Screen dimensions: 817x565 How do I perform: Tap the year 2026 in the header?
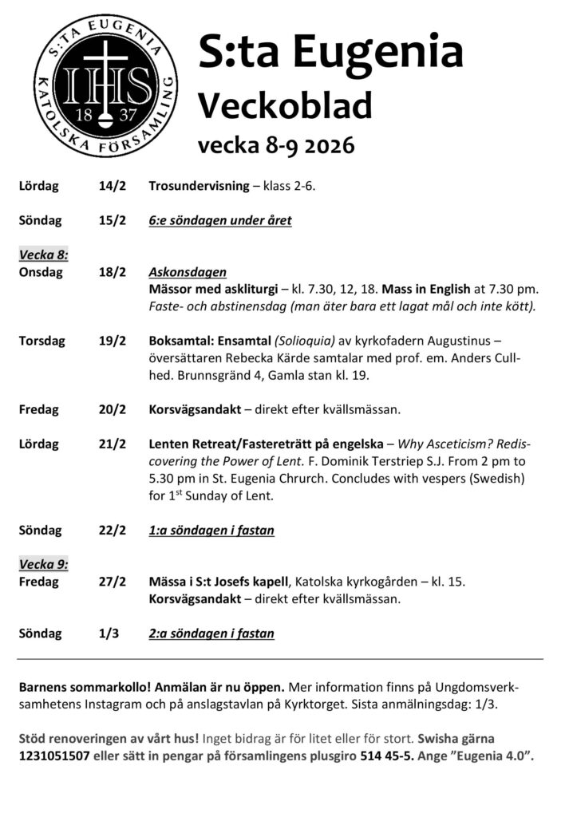322,146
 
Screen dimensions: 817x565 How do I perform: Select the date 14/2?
113,187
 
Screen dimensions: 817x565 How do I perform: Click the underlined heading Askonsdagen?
188,272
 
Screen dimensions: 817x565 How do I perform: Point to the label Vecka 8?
44,255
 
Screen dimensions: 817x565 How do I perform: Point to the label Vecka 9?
44,564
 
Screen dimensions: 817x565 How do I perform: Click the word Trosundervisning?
198,187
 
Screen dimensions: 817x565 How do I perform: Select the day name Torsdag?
39,341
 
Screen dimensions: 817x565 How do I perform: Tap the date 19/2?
113,341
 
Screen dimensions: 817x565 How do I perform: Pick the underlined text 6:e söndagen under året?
219,220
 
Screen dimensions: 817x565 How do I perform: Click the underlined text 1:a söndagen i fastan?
211,530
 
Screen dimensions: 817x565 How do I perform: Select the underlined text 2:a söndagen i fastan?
211,633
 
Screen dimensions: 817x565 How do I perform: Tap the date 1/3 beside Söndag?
109,633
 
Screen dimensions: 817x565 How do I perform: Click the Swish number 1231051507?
52,756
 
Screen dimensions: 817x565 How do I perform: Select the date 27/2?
113,582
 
